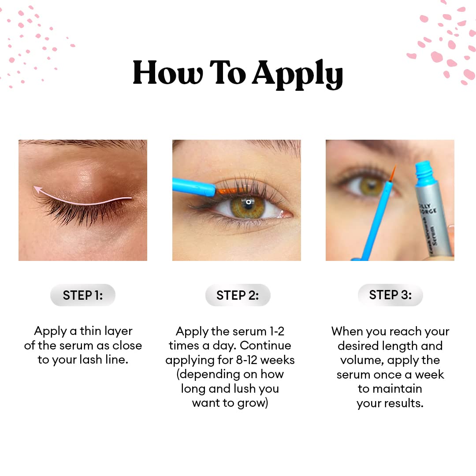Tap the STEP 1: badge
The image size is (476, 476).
point(83,295)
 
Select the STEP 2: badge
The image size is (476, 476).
point(238,295)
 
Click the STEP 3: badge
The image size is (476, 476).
point(390,295)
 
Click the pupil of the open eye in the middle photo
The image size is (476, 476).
point(249,203)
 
